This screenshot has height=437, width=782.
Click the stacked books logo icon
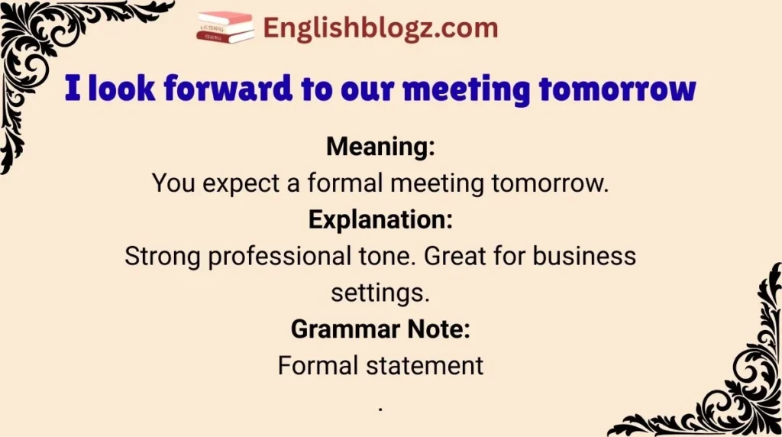(x=225, y=28)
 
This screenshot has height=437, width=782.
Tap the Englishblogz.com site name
(x=380, y=29)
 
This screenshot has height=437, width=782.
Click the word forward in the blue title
(x=230, y=89)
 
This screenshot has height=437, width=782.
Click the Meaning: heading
(x=380, y=146)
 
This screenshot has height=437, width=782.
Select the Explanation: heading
(x=380, y=219)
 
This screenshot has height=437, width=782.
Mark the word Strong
(x=163, y=255)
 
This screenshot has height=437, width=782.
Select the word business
(x=584, y=255)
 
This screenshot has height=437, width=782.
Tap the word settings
(x=380, y=292)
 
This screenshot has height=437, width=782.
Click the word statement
(x=435, y=365)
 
